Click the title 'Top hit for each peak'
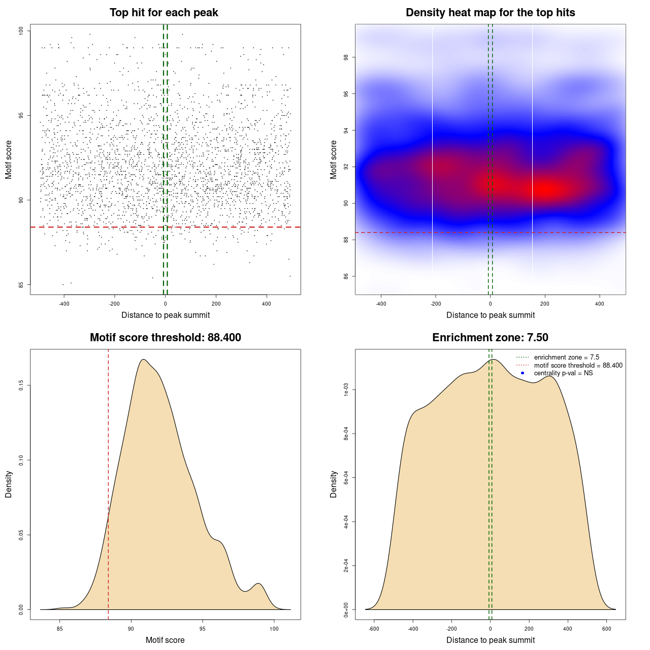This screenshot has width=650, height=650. click(x=164, y=13)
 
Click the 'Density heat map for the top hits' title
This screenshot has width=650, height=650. click(x=490, y=13)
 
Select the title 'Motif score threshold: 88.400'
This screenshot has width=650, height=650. click(x=165, y=338)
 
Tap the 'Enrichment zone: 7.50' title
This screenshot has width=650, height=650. click(x=490, y=338)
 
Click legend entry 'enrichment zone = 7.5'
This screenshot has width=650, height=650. click(x=566, y=357)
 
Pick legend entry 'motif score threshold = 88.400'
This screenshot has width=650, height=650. click(x=578, y=366)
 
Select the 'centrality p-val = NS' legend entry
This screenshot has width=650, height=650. click(x=563, y=373)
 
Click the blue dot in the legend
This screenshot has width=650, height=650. click(x=523, y=373)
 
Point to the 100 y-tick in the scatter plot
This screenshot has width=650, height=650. click(x=21, y=31)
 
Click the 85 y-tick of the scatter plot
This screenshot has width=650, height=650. click(x=21, y=284)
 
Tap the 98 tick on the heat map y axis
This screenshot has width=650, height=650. click(x=346, y=57)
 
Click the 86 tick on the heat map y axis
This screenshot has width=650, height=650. click(x=346, y=276)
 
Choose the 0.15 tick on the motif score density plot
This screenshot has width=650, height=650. click(x=21, y=385)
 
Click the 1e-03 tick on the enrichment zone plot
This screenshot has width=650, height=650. click(x=346, y=390)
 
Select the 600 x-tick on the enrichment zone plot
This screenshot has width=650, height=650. click(x=606, y=629)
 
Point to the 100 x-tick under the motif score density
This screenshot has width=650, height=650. click(x=274, y=629)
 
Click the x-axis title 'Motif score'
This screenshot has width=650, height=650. click(x=165, y=640)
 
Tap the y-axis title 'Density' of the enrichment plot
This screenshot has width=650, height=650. click(x=334, y=484)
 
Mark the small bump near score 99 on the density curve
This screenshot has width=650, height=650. click(x=258, y=584)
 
